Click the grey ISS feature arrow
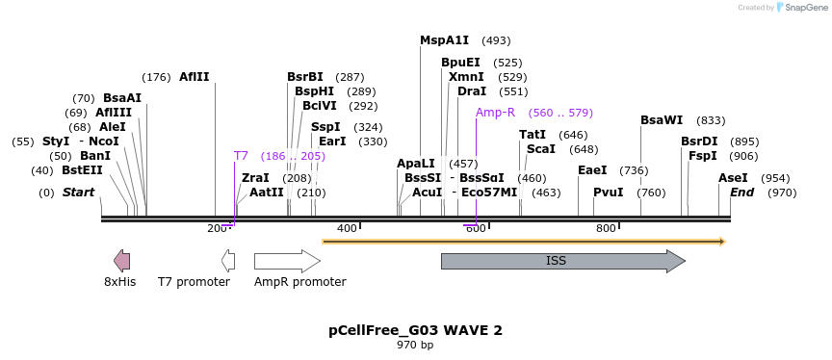[x=562, y=261]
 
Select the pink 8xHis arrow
[x=121, y=260]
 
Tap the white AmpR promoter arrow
[x=287, y=261]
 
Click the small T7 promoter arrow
[x=228, y=260]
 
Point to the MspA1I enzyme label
[x=444, y=40]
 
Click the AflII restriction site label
[x=194, y=77]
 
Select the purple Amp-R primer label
[x=495, y=113]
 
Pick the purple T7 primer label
[x=241, y=155]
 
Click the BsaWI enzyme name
[x=661, y=120]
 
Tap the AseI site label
[x=733, y=178]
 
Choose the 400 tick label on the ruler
[x=346, y=228]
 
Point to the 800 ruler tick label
[x=605, y=228]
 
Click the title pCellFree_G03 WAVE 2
[x=415, y=330]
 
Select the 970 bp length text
[x=415, y=345]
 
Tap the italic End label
[x=741, y=193]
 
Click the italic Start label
[x=78, y=193]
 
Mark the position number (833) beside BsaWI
[x=711, y=120]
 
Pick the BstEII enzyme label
[x=82, y=170]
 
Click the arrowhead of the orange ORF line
[x=721, y=241]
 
